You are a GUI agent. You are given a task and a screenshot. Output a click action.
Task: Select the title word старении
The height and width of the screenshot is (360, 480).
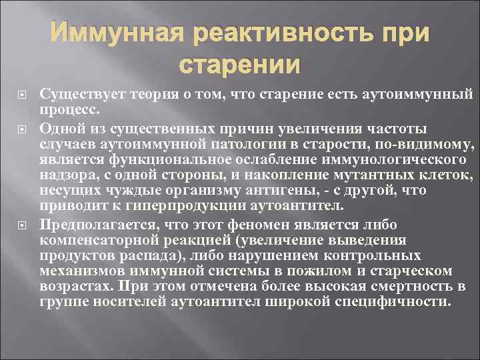[240, 65]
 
